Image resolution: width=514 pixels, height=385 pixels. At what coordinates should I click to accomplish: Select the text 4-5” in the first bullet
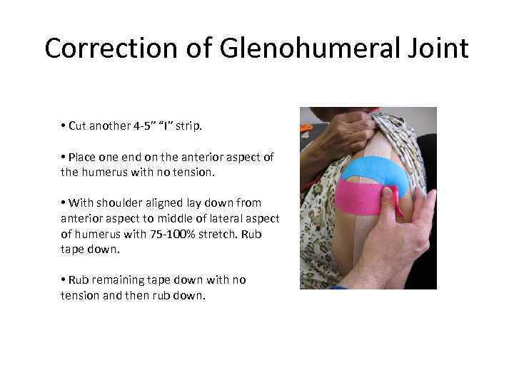coord(146,126)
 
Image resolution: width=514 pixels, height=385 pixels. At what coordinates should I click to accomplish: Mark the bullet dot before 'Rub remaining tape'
coord(64,279)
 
